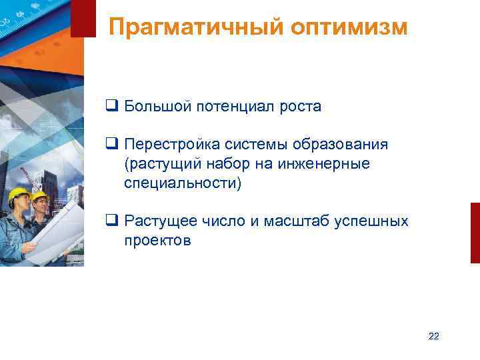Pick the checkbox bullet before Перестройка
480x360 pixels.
coord(111,145)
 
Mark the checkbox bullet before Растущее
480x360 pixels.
coord(111,221)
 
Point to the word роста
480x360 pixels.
coord(301,107)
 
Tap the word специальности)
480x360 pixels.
coord(182,183)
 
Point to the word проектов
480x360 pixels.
coord(157,241)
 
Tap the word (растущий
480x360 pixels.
coord(157,164)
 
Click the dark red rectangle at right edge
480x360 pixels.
coord(475,233)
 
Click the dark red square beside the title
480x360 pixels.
coord(83,19)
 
